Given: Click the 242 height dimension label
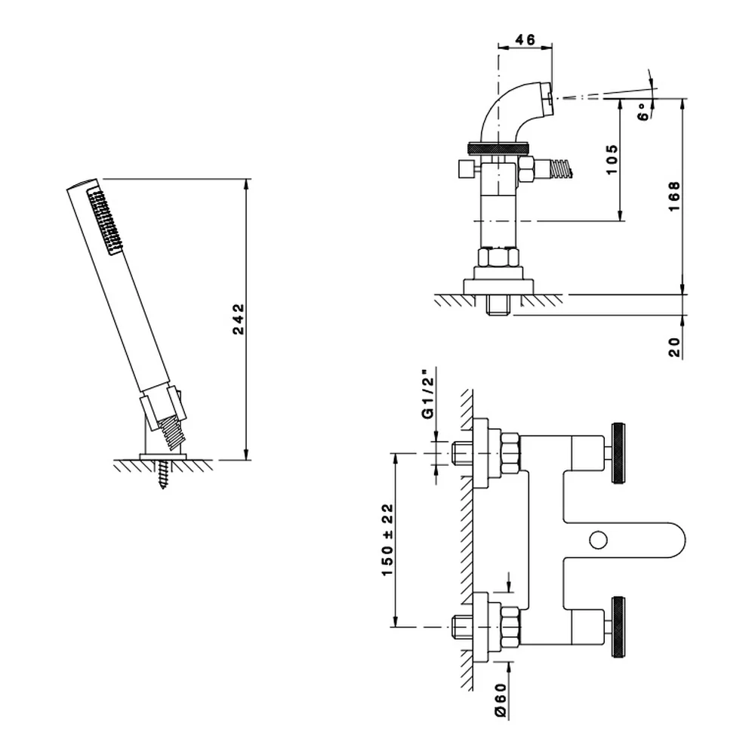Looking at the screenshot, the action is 239,319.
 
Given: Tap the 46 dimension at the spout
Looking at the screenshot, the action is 525,39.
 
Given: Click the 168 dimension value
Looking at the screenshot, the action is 673,196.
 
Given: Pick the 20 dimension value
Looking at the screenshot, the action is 674,347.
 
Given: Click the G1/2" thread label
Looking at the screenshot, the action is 427,394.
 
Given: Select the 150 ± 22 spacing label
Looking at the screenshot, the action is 387,540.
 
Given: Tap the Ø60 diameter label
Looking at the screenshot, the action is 500,701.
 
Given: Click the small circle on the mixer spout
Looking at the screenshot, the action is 598,541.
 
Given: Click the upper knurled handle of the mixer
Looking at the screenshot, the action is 618,453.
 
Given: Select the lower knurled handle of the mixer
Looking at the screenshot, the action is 618,627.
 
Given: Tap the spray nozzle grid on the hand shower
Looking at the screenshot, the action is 104,221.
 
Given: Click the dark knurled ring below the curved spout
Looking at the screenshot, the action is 498,148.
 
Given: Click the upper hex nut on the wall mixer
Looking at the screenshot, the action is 510,453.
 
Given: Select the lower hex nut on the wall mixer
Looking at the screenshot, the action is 510,627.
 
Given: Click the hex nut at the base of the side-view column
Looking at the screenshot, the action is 498,257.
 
